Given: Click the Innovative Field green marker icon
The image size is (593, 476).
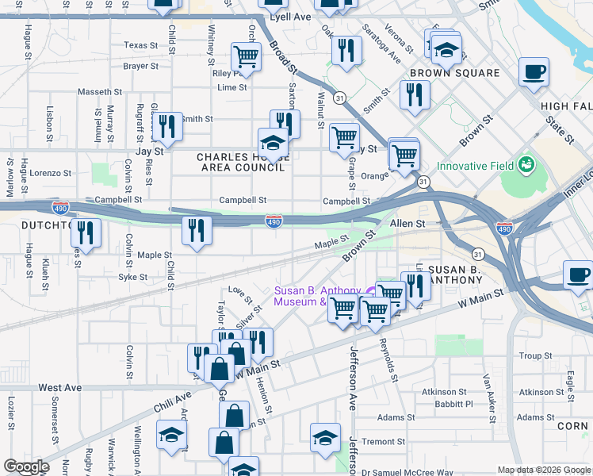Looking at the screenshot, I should [x=526, y=166].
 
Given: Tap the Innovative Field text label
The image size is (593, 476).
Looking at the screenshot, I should [x=474, y=167].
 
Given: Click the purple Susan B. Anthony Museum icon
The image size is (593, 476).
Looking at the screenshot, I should [x=372, y=291].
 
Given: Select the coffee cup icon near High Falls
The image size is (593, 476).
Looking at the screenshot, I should [x=534, y=71].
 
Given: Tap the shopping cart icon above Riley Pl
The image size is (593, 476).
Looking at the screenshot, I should [x=247, y=56].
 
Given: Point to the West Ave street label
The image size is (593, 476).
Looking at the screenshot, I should [x=60, y=388].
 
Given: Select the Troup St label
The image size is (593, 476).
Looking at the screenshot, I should [x=535, y=356].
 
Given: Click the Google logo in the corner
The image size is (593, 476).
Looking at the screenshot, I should [x=26, y=466].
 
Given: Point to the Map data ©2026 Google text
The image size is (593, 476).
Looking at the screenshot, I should [x=543, y=470].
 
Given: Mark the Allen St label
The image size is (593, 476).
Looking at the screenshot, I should [x=407, y=225].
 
